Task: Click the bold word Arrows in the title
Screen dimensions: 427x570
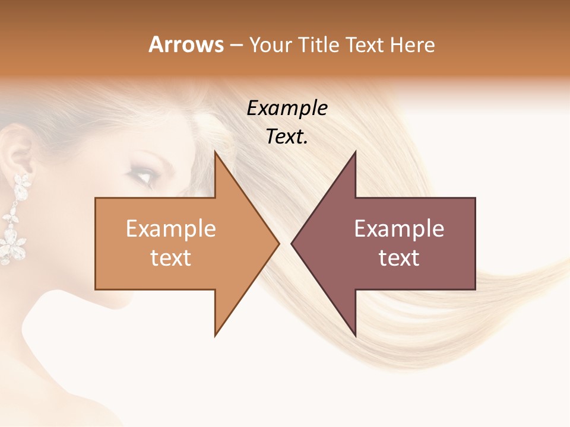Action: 185,44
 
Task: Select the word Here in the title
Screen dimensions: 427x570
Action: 413,44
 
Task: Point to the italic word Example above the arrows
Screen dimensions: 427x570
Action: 287,108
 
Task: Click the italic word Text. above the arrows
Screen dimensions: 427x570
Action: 287,137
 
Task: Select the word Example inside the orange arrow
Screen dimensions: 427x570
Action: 171,229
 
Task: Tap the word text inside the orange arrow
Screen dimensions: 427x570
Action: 171,258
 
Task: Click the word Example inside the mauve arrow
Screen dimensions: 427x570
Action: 399,229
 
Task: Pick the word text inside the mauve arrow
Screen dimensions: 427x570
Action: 399,258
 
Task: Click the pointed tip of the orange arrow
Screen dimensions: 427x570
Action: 278,243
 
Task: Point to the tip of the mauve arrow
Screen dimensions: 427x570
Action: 292,243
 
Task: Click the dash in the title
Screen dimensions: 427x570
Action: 236,46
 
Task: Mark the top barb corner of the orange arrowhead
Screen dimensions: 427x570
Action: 216,152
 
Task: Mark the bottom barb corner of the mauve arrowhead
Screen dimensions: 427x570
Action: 355,335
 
